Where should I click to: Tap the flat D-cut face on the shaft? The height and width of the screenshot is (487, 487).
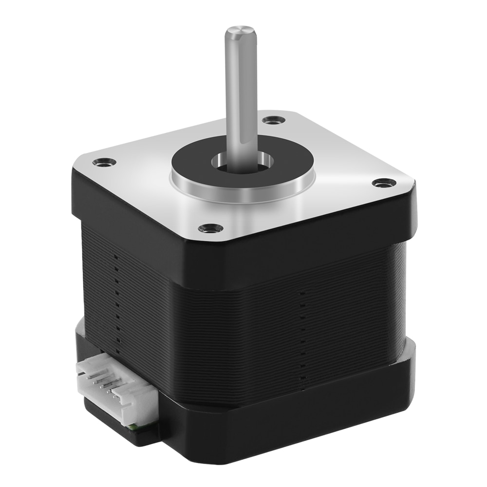click(x=248, y=97)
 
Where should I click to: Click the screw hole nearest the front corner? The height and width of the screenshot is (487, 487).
click(x=210, y=227)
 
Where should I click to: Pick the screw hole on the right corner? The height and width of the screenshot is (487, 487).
click(x=383, y=183)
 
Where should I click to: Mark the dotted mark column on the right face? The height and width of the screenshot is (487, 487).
click(x=302, y=336)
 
